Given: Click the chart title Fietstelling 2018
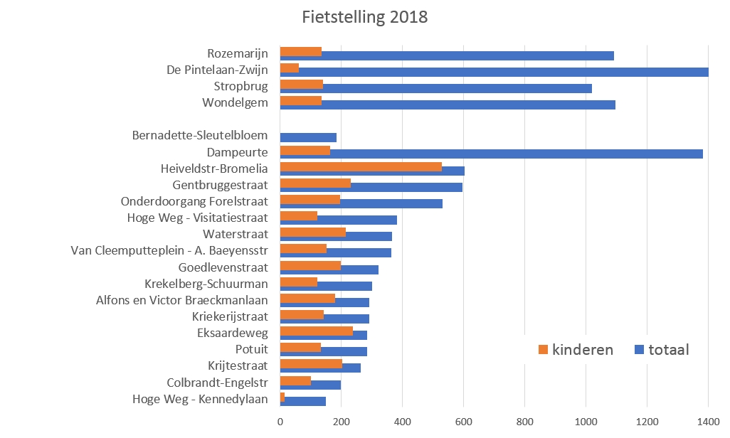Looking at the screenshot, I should (364, 17).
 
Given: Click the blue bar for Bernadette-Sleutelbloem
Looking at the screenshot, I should (308, 137).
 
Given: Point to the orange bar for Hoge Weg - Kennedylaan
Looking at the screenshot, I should (282, 396).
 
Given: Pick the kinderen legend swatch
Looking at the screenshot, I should (544, 349).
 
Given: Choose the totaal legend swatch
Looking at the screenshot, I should (638, 349).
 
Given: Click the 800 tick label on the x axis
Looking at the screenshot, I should (524, 422).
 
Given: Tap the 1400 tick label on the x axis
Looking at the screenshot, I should (708, 422).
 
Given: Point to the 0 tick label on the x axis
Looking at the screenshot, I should (280, 422).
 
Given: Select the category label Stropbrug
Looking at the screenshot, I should (240, 87).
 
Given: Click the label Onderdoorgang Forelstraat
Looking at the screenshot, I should (194, 202).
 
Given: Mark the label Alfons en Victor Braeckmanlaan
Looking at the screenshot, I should (182, 300).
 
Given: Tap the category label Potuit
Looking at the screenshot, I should (252, 349).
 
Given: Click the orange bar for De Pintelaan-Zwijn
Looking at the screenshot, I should (290, 68).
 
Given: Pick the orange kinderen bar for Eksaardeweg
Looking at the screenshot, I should (317, 331).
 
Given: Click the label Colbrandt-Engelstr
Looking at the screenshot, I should (217, 382).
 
